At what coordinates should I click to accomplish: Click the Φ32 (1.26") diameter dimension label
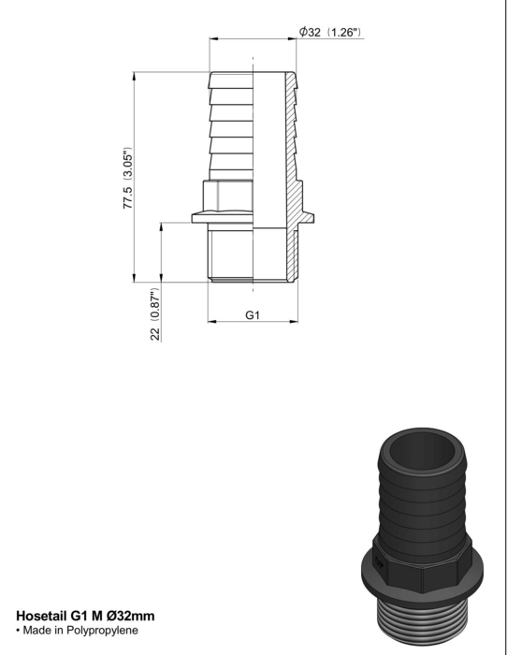coord(330,32)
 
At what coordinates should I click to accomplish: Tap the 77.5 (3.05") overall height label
coord(128,178)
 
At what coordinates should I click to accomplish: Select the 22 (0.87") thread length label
coord(155,314)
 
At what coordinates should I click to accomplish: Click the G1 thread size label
coord(253,315)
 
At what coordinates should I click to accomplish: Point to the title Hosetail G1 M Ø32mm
coord(85,616)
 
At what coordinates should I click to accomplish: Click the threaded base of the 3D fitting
coord(423,622)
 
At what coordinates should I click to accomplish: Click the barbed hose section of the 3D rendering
coord(423,502)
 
